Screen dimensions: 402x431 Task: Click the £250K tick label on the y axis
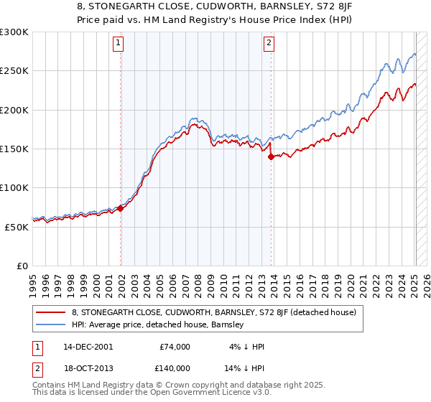tap(14, 71)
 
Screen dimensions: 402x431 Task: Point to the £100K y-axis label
tap(14, 187)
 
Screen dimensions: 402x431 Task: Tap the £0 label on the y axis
tap(22, 266)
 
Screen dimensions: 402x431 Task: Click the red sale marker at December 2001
tap(121, 208)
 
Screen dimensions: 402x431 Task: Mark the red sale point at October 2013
tap(271, 156)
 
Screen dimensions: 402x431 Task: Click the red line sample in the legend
tap(50, 312)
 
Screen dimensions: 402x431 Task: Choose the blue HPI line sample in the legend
tap(50, 324)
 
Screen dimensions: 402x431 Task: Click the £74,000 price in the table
tap(175, 347)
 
